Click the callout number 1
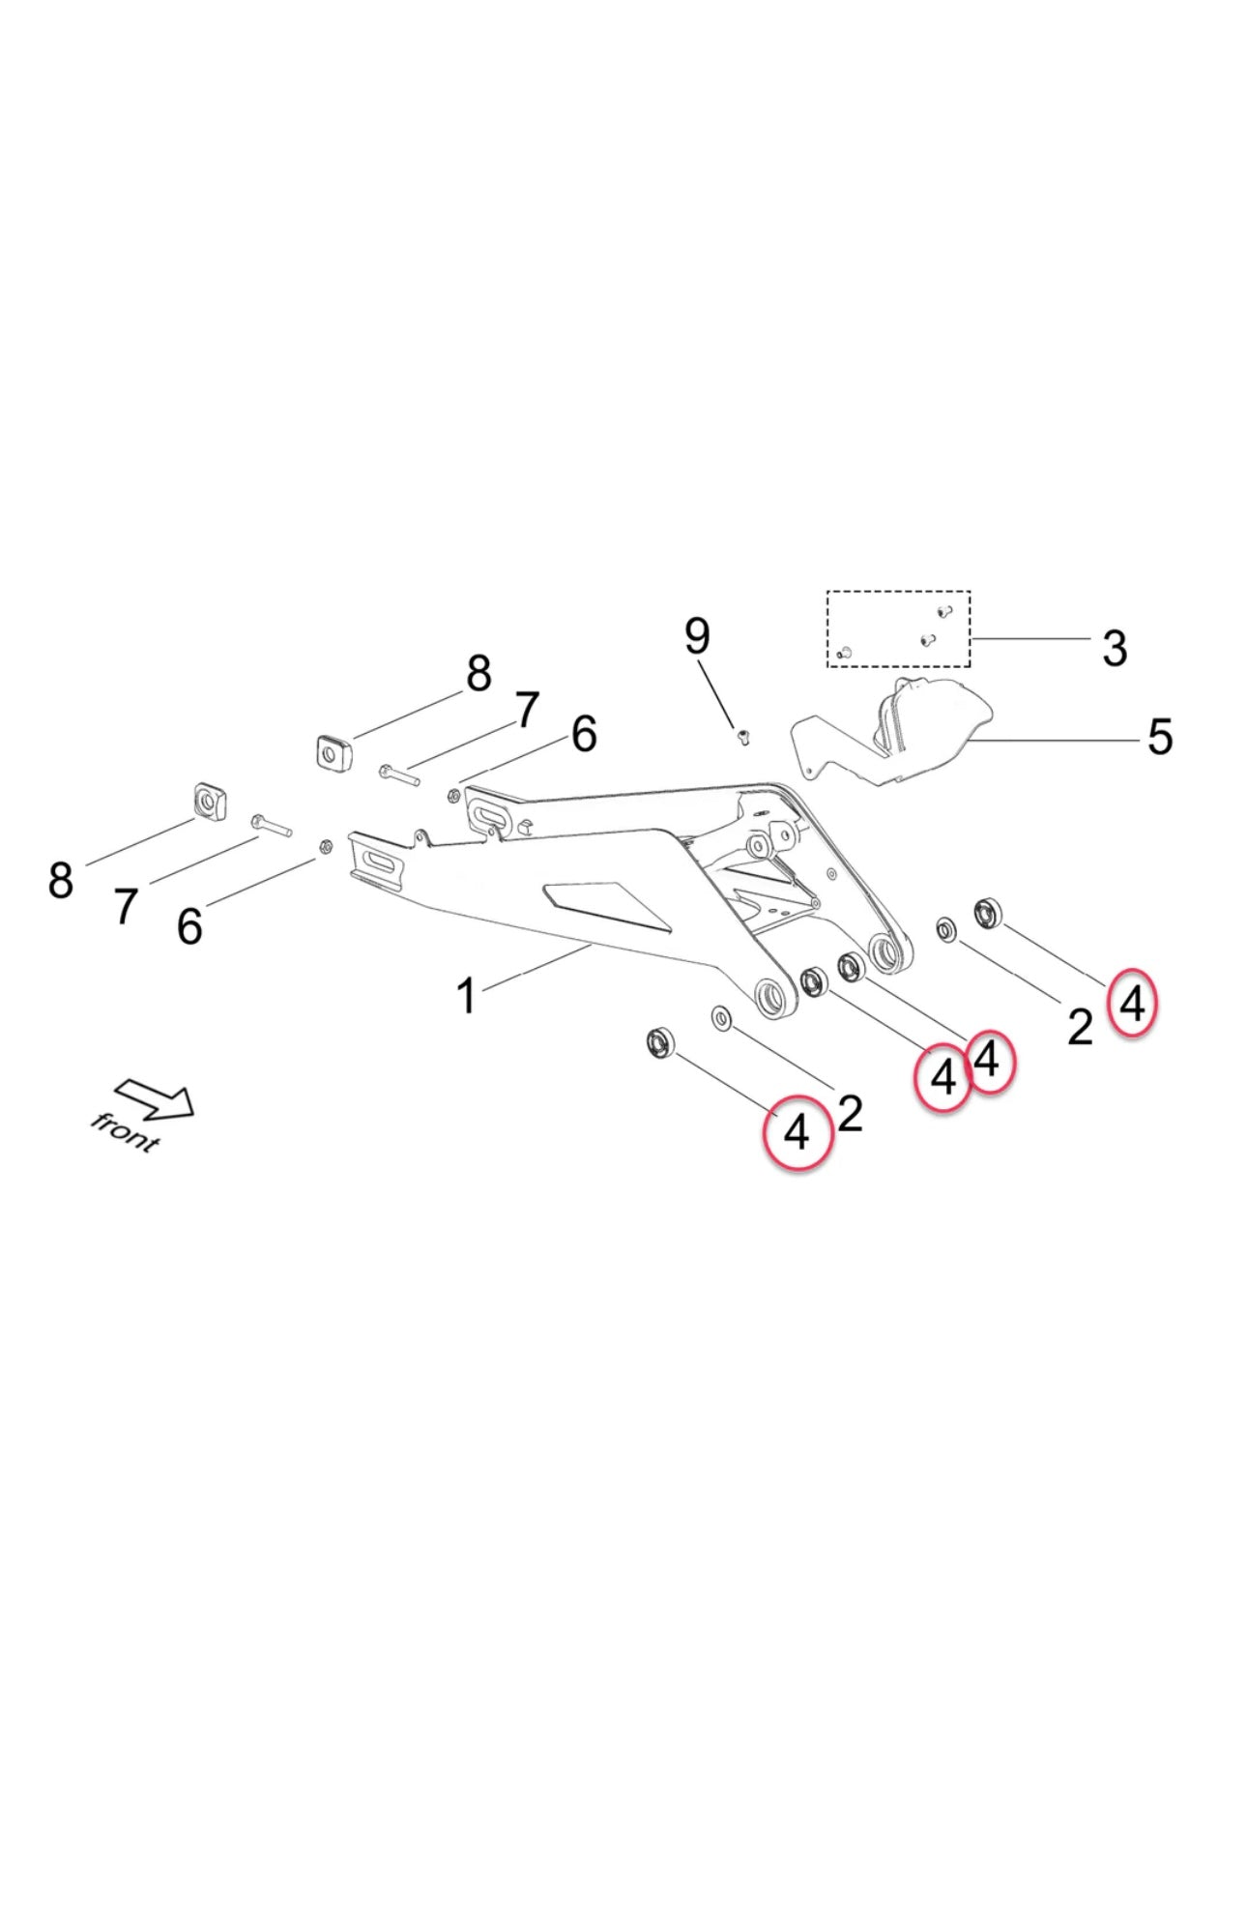466,996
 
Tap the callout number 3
1114,648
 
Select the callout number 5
1159,737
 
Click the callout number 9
696,636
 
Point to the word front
125,1132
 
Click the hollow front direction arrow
155,1099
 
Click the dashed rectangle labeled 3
897,628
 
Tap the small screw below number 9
743,739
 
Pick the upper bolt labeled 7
399,774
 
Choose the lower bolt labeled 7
271,825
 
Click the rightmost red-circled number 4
1131,1004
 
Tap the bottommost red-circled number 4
797,1132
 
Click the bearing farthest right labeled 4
988,911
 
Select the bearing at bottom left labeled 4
660,1043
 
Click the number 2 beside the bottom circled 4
850,1114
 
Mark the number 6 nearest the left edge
189,926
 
